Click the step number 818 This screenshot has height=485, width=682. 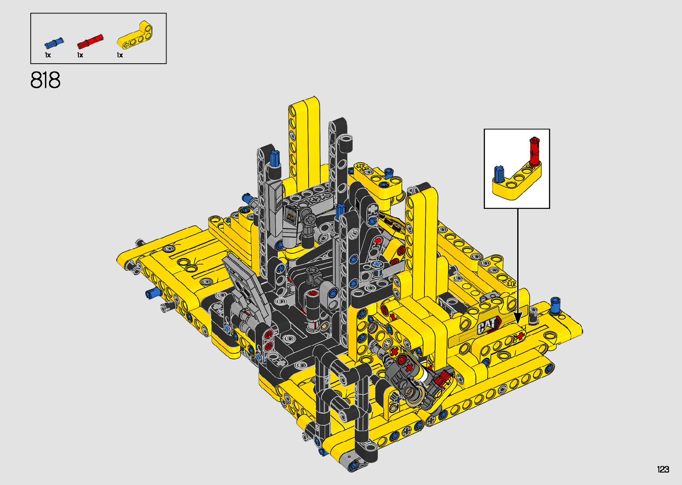pyautogui.click(x=45, y=80)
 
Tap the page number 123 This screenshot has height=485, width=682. pyautogui.click(x=663, y=469)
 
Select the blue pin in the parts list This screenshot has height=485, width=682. pyautogui.click(x=54, y=43)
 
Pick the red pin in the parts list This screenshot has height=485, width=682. pyautogui.click(x=90, y=42)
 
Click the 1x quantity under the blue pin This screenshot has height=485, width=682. pyautogui.click(x=48, y=55)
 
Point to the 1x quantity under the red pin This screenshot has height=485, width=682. pyautogui.click(x=80, y=55)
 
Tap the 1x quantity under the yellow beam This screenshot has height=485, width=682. pyautogui.click(x=120, y=55)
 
